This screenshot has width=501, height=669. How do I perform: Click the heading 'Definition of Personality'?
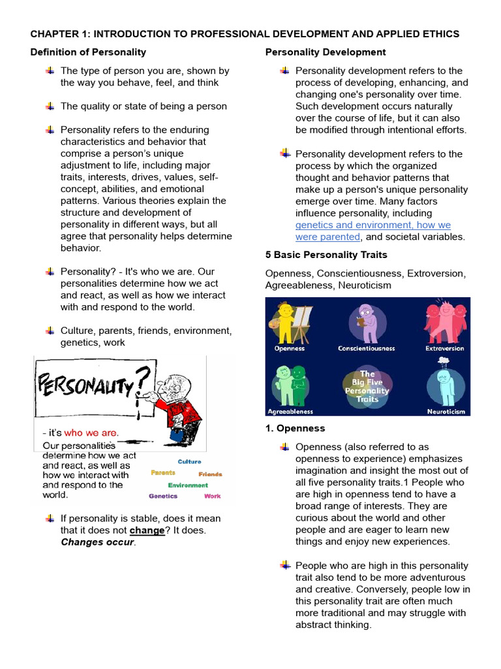pos(88,52)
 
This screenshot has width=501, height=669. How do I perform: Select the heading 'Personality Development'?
pos(326,52)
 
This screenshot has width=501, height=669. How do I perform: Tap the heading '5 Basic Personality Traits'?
pos(326,255)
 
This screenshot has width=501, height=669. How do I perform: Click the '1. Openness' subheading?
pos(296,429)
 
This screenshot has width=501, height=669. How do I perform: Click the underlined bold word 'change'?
pos(147,530)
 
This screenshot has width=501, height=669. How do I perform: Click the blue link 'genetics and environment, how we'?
pos(372,225)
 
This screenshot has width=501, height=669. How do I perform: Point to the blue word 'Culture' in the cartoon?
pos(190,461)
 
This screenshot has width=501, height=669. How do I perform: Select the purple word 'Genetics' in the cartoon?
pos(163,496)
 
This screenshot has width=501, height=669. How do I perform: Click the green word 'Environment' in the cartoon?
pos(188,485)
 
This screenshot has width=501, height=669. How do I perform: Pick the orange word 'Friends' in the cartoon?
pos(210,474)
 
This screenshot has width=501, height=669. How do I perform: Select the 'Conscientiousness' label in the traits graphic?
pos(366,349)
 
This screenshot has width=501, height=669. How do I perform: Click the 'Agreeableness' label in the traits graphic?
pos(290,412)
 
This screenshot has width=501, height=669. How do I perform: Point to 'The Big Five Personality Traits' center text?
pos(367,387)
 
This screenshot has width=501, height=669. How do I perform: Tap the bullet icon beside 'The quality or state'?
pos(50,106)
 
